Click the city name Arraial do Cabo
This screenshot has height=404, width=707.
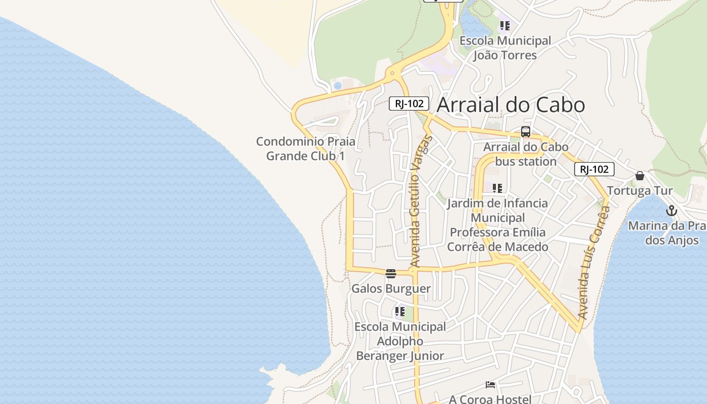tap(511, 105)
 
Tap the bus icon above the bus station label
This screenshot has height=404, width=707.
tap(526, 132)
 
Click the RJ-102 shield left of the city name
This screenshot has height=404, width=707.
tap(409, 104)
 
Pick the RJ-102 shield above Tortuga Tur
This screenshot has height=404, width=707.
tap(594, 169)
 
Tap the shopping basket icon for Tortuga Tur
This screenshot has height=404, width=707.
tap(640, 176)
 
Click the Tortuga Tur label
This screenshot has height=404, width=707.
tap(640, 191)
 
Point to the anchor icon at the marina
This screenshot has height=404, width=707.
tap(671, 211)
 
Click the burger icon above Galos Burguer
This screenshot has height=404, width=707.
tap(391, 274)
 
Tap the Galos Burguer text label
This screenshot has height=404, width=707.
tap(391, 289)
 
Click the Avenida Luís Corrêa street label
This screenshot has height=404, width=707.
tap(594, 263)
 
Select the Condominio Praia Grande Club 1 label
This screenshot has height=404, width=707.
tap(306, 148)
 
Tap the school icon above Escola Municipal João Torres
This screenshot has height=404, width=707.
tap(505, 25)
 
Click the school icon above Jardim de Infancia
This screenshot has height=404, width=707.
tap(497, 188)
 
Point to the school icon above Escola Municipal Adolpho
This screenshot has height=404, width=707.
tap(400, 312)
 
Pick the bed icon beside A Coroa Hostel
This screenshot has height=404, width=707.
tap(490, 385)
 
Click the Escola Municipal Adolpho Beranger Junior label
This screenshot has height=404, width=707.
tap(400, 341)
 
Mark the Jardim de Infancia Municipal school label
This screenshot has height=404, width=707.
tap(497, 225)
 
